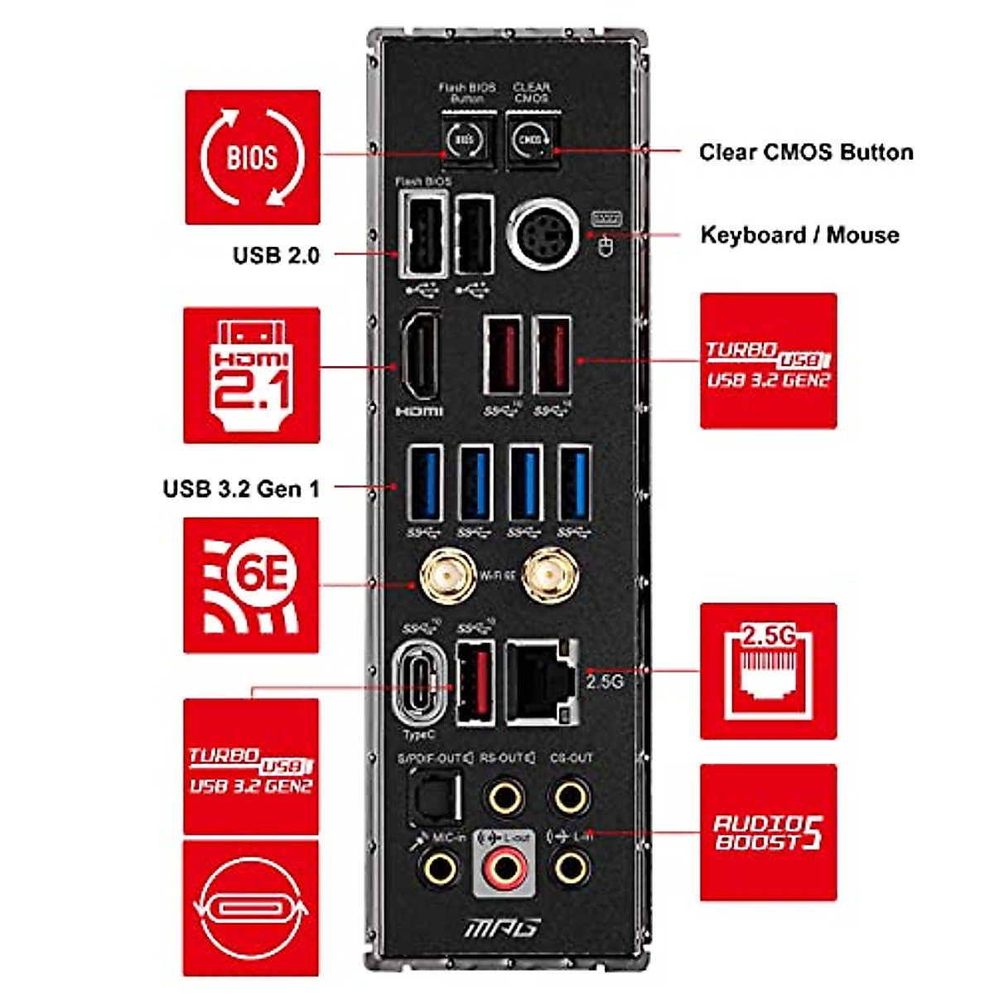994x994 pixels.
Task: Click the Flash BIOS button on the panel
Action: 464,141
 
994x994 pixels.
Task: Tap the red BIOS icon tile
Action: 252,157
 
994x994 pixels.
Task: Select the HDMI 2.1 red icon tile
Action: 252,374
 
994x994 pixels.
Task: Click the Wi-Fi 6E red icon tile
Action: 251,585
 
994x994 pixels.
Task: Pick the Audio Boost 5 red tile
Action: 768,832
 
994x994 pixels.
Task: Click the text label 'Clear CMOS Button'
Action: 806,152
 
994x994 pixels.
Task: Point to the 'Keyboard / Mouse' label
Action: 799,235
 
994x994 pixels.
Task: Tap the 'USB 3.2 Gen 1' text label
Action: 241,489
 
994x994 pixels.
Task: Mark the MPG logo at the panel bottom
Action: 502,927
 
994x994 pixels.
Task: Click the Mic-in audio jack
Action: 440,869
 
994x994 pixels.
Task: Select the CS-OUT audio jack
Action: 571,799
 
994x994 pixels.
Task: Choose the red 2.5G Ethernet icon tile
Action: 768,671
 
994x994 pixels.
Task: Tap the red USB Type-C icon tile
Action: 251,908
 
